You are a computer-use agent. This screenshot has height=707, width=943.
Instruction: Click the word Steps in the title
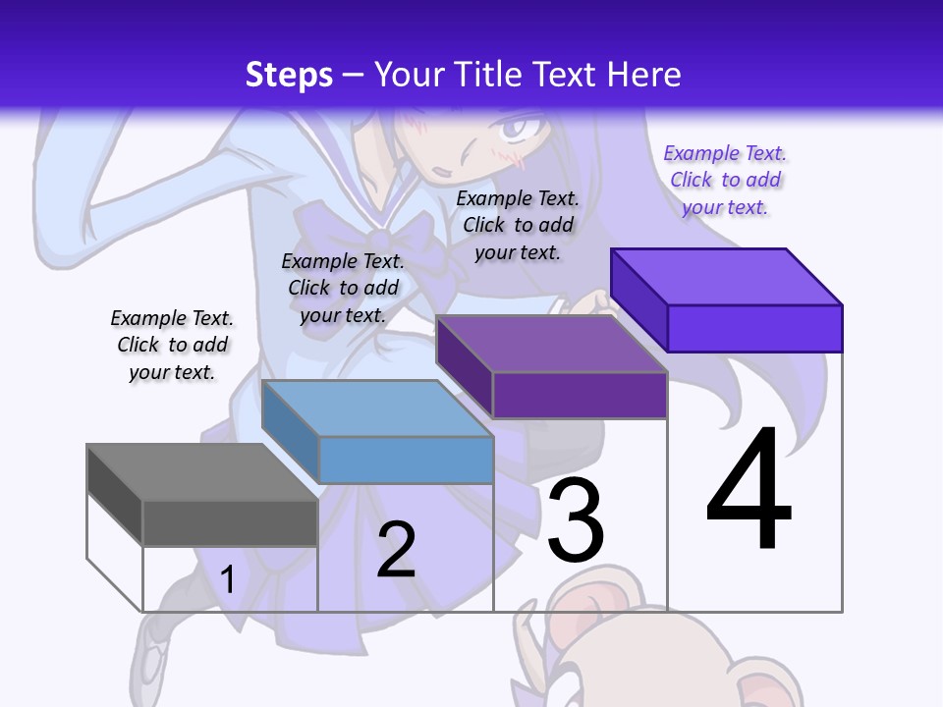pyautogui.click(x=289, y=75)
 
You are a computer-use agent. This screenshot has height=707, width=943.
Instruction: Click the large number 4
pyautogui.click(x=749, y=491)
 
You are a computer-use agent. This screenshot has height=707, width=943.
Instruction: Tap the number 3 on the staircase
pyautogui.click(x=576, y=521)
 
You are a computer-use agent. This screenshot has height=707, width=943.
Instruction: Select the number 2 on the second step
pyautogui.click(x=397, y=550)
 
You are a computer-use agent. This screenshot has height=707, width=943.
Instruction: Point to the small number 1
pyautogui.click(x=227, y=579)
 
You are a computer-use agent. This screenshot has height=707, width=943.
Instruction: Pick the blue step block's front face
pyautogui.click(x=406, y=460)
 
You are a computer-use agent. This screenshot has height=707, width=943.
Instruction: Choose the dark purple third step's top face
pyautogui.click(x=550, y=344)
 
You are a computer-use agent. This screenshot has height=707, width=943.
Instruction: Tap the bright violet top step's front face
pyautogui.click(x=754, y=328)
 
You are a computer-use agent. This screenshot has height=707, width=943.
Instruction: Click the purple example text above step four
pyautogui.click(x=725, y=180)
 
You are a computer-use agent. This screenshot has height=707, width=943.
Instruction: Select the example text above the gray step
pyautogui.click(x=172, y=345)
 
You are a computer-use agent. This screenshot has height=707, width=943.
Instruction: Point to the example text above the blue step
pyautogui.click(x=343, y=288)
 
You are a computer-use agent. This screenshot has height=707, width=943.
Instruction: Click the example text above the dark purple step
pyautogui.click(x=518, y=225)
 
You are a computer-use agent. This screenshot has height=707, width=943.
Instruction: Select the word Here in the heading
pyautogui.click(x=644, y=75)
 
